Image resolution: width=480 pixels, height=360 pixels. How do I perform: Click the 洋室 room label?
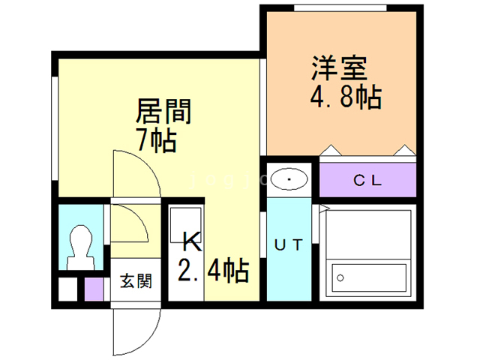click(340, 69)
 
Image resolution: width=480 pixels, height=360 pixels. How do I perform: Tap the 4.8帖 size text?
click(345, 97)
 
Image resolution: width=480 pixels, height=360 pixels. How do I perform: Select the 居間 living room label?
click(164, 112)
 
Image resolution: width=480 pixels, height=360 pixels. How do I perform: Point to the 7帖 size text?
click(157, 139)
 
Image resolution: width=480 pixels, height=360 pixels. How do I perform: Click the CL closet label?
click(368, 180)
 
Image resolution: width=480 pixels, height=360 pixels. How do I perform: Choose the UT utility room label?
click(288, 244)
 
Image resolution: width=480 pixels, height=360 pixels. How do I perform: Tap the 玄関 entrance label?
click(136, 282)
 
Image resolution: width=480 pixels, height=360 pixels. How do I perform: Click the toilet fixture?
click(79, 247)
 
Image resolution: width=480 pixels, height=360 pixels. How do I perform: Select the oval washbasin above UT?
click(289, 180)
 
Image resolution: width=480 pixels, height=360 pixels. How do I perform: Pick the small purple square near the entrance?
click(94, 288)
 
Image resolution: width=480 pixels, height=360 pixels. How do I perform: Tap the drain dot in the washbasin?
click(289, 180)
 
